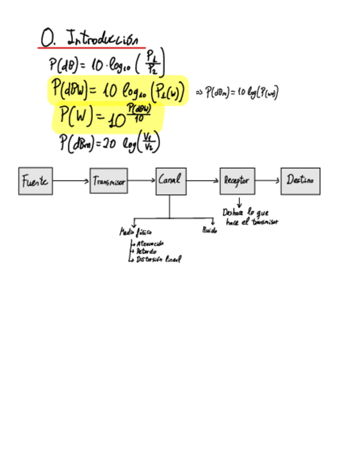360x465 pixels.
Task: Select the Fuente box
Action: point(36,181)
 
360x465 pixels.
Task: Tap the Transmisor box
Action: point(109,181)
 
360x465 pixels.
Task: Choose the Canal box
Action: point(171,181)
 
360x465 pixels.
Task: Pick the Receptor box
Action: point(237,181)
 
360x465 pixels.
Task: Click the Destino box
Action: point(300,181)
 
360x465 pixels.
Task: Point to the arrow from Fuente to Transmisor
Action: point(71,181)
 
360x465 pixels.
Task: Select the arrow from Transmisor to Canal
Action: point(142,180)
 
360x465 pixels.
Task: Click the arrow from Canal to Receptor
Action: point(203,180)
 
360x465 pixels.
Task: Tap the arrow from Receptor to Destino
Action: point(268,180)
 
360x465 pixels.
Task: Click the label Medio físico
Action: point(132,232)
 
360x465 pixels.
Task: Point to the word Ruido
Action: point(210,231)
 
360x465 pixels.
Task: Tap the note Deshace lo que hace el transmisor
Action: point(250,217)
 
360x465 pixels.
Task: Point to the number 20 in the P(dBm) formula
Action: point(108,144)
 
